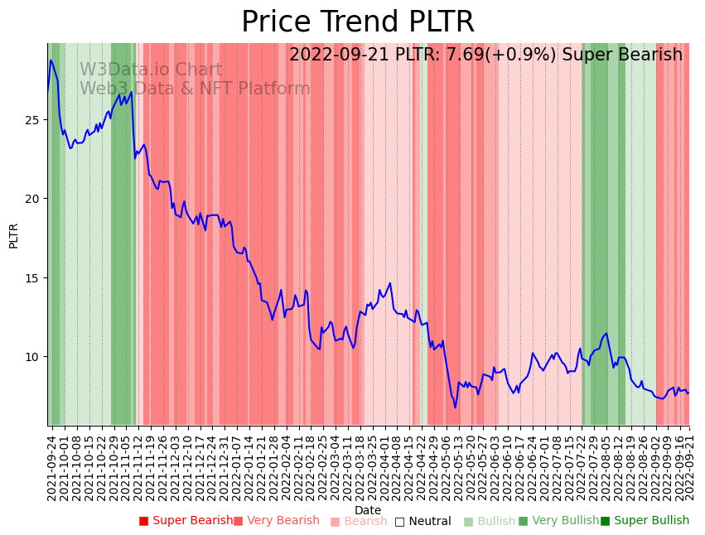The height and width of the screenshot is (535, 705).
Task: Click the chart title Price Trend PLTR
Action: point(358,22)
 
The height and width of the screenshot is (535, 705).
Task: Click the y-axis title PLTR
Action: point(13,235)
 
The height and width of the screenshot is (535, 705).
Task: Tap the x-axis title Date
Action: point(368,510)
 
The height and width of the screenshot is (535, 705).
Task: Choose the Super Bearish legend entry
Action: point(186,521)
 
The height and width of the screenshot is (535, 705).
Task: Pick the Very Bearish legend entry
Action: point(277,521)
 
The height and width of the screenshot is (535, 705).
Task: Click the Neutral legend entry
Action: point(423,521)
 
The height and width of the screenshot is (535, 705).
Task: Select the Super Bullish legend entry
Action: point(645,521)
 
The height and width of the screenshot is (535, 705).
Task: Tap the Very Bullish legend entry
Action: point(558,521)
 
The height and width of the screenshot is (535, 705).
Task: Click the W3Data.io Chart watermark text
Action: point(151,70)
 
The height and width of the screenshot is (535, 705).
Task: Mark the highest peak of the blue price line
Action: point(51,60)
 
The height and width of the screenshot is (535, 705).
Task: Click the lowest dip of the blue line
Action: point(455,407)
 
